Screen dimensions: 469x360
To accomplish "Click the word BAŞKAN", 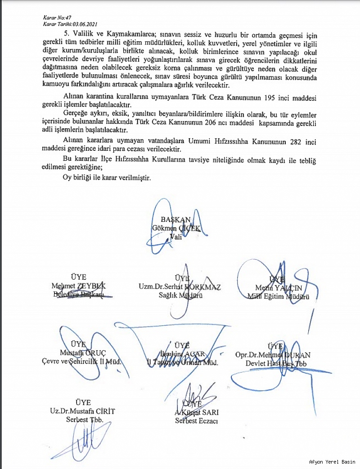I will tap(175, 220).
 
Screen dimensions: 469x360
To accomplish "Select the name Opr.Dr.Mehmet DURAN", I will tap(273, 355).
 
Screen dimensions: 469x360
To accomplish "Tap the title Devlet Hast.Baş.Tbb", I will tap(275, 363).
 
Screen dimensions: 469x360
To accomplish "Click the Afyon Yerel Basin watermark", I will tap(333, 462).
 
